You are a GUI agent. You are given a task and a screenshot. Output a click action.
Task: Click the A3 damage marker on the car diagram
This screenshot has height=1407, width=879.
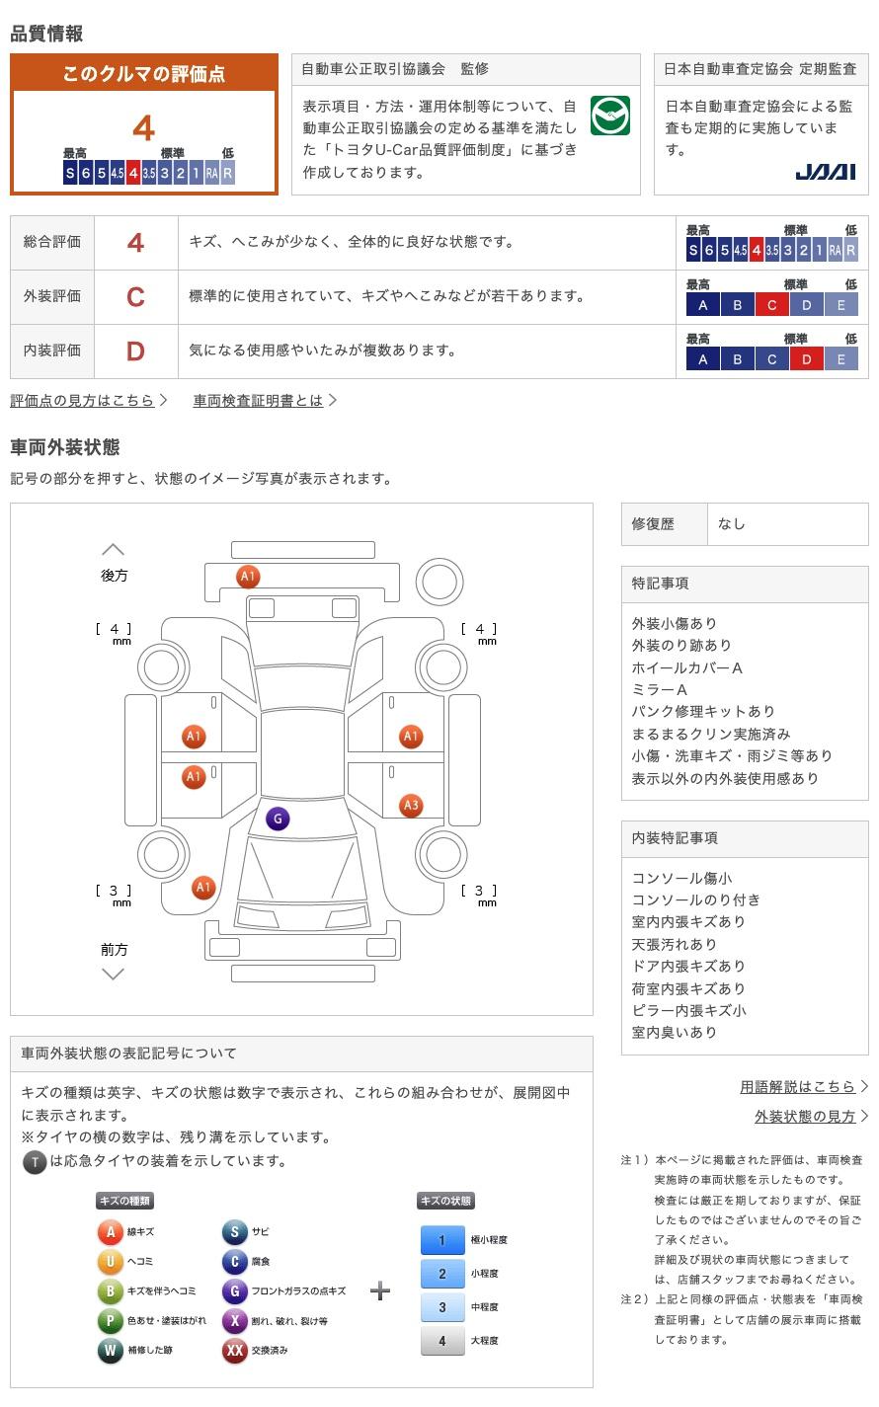411,806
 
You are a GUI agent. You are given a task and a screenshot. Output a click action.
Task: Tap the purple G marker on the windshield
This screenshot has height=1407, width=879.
278,819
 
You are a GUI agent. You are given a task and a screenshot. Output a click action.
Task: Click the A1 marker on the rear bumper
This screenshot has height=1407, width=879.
248,576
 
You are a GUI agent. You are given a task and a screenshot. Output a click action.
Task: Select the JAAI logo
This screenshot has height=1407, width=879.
825,172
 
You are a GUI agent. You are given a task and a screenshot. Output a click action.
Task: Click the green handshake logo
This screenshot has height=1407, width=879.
610,116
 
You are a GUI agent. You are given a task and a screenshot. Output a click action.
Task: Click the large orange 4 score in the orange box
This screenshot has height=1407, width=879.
144,128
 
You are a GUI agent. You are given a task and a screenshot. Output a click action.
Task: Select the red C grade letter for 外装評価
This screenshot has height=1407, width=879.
135,297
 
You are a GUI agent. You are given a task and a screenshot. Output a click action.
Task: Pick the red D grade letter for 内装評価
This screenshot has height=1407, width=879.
135,352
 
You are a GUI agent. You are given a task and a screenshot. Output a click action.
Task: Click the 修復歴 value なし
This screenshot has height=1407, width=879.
732,524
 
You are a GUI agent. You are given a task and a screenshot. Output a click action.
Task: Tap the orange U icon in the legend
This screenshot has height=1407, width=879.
110,1261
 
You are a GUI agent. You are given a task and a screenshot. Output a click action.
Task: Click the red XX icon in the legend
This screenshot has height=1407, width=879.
234,1350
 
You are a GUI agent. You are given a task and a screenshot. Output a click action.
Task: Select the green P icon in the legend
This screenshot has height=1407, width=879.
110,1320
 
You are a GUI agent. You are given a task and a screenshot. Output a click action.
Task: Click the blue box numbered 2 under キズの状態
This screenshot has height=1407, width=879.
442,1273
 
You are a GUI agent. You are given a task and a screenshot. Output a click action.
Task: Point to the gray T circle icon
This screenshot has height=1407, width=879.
35,1162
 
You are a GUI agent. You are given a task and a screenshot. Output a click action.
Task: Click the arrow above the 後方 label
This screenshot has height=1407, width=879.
114,549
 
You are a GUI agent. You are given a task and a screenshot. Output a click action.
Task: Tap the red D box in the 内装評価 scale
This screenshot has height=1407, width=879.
806,360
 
